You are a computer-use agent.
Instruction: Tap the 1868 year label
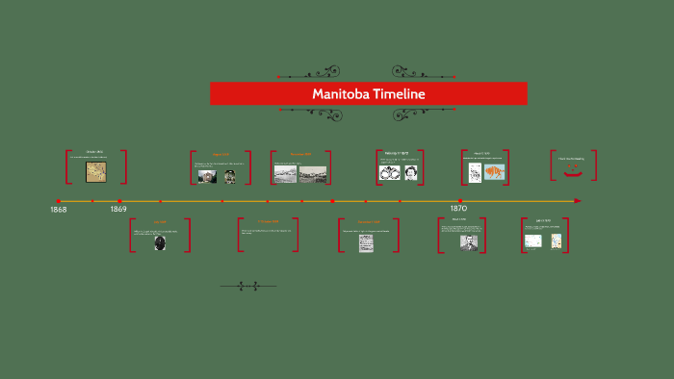(59, 210)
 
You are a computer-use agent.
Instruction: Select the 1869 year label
(118, 210)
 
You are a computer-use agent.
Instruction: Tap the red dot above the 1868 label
(59, 201)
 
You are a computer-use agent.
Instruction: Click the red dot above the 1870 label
(459, 201)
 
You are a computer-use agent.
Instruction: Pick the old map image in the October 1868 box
(95, 171)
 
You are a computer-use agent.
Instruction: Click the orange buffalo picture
(494, 172)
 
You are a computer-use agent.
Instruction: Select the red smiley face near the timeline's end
(574, 171)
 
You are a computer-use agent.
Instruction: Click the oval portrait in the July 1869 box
(160, 243)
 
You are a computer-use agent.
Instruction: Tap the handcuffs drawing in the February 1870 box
(387, 172)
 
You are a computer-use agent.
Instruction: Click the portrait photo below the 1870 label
(468, 242)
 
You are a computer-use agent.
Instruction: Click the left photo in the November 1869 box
(285, 174)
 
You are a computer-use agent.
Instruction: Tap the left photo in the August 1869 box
(207, 176)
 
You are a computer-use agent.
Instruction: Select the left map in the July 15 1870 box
(532, 240)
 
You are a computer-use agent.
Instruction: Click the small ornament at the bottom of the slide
(248, 286)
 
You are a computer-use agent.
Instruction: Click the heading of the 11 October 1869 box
(268, 222)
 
